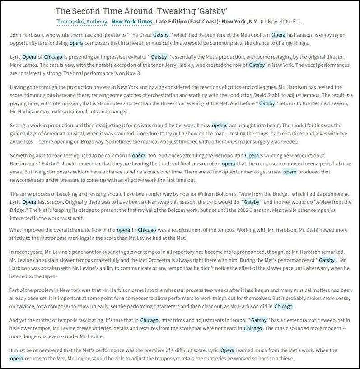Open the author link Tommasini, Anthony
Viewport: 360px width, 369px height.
(x=82, y=22)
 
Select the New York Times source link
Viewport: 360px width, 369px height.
(x=132, y=22)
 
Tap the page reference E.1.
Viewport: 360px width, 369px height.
(x=297, y=22)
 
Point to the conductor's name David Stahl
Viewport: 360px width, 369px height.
(x=279, y=95)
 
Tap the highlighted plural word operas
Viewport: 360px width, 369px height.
(x=220, y=125)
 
